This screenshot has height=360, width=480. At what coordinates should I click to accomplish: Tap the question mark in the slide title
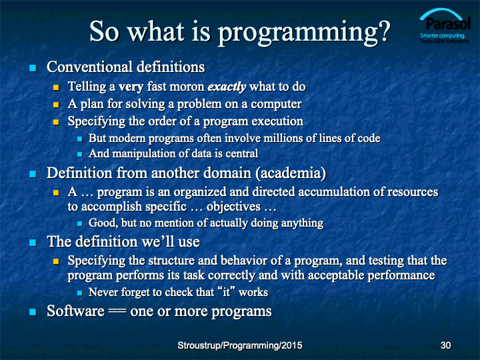(383, 30)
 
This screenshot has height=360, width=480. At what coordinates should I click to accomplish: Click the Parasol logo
(445, 26)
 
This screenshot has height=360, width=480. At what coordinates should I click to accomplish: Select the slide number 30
(445, 345)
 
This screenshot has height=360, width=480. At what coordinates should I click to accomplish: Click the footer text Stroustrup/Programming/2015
(240, 345)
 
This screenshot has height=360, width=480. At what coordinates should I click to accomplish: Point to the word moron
(187, 87)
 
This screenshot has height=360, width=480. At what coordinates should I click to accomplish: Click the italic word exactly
(227, 87)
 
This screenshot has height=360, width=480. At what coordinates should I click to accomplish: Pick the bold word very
(131, 87)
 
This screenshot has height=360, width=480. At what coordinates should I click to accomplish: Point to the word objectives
(233, 207)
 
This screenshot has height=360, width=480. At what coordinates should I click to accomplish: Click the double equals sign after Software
(117, 311)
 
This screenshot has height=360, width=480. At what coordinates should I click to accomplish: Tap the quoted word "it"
(226, 291)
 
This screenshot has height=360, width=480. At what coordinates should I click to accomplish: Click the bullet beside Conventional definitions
(33, 67)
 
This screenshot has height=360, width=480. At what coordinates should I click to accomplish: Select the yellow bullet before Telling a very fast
(56, 87)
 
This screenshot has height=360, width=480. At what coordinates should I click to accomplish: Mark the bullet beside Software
(33, 312)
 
